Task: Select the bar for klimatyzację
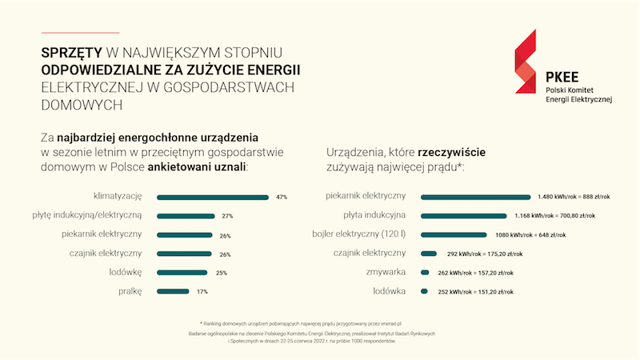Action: (x=213, y=197)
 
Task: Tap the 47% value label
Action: (x=282, y=197)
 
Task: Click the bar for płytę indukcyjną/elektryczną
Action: (x=186, y=216)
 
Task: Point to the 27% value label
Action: (x=227, y=216)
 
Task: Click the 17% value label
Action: (x=202, y=292)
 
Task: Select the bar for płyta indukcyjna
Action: (x=463, y=216)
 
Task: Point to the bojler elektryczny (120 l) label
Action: (x=359, y=234)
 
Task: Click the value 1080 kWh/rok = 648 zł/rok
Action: (x=529, y=235)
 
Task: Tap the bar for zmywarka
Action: (x=428, y=273)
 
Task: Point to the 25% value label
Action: (x=222, y=273)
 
